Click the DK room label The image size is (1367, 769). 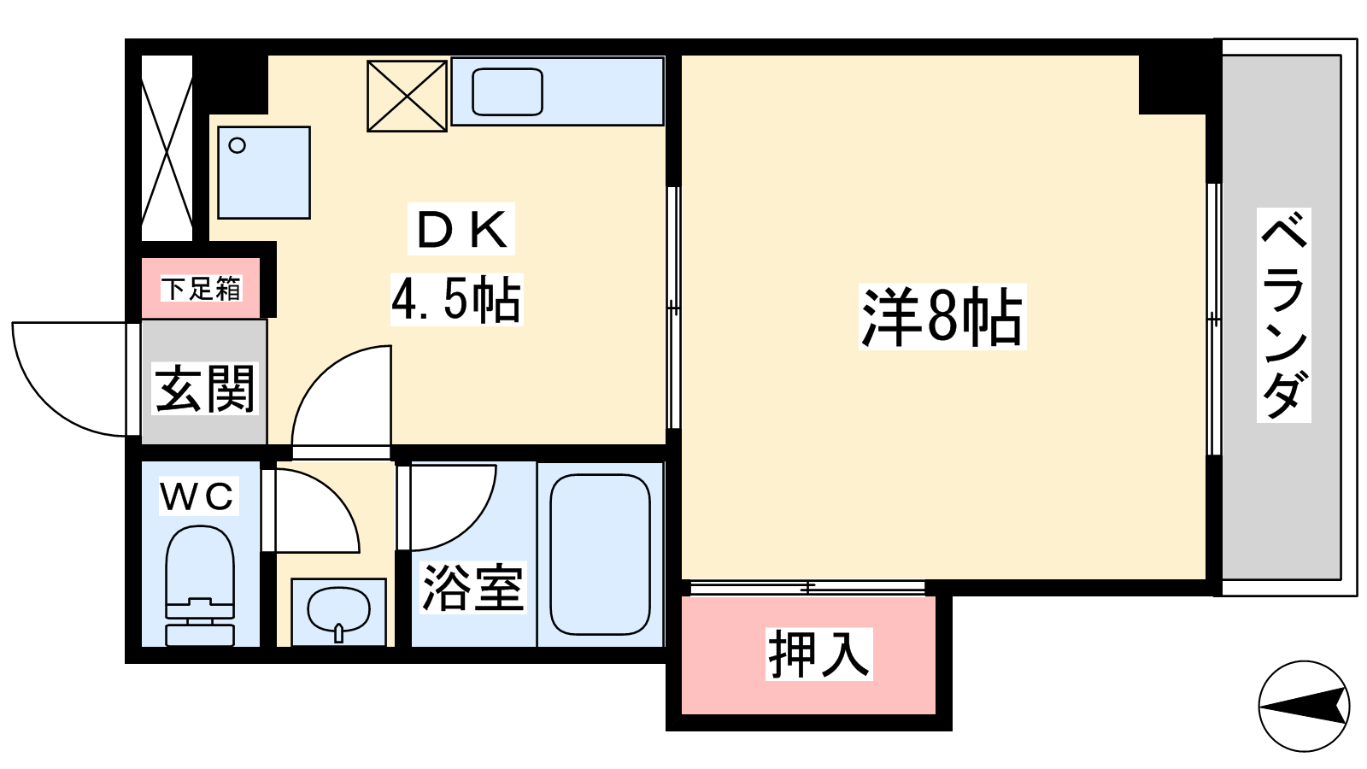point(461,229)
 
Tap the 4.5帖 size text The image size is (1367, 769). point(456,300)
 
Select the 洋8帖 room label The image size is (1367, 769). point(942,317)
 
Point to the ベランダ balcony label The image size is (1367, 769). point(1283,315)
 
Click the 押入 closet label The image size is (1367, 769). point(819,654)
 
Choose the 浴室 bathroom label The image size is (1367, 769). point(473,587)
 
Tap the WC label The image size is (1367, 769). point(197,496)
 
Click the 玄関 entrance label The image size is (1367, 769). point(204,389)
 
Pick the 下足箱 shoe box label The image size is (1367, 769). point(201,289)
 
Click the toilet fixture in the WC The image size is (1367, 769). point(200,584)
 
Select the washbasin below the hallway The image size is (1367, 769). point(338,612)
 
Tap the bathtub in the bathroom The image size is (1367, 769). point(600,554)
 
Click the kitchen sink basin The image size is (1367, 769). point(507,91)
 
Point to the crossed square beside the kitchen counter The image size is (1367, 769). point(407,96)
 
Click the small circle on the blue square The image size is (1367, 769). point(237,146)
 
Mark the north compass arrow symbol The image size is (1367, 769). point(1304,706)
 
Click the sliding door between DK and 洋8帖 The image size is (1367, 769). point(673,308)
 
